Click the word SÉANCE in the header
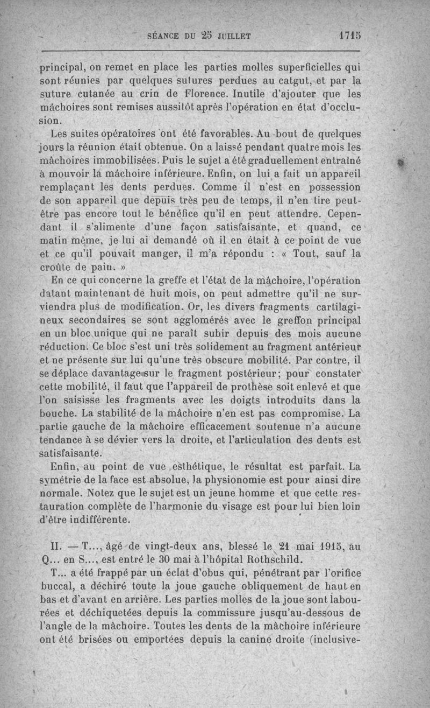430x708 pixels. click(163, 37)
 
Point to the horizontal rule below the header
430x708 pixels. click(199, 52)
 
